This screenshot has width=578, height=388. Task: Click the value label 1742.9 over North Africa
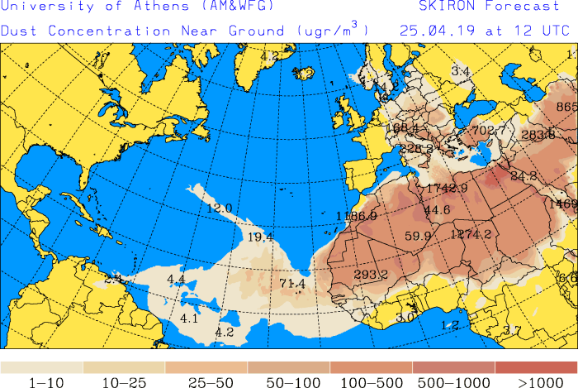coord(447,189)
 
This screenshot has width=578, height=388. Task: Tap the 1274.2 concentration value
coord(471,234)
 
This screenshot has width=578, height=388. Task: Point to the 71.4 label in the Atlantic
coord(292,284)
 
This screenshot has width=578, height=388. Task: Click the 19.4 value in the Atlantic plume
coord(260,237)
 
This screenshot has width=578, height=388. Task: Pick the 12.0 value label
coord(219,208)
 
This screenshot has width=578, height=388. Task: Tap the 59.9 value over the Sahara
coord(418,236)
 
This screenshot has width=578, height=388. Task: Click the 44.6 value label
coord(437,210)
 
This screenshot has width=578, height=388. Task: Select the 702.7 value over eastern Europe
coord(488,130)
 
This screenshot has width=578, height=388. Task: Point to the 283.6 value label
coord(538,135)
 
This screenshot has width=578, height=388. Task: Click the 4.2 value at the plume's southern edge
coord(225,332)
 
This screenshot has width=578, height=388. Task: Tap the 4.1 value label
coord(189,319)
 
